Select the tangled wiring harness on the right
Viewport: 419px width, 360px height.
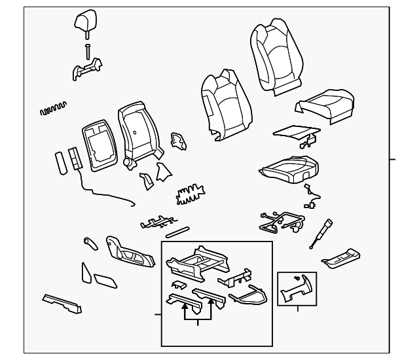(282, 221)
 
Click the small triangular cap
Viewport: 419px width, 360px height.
(87, 272)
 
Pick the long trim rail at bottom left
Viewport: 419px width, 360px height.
(62, 302)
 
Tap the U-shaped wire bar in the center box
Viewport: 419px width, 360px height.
(249, 298)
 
